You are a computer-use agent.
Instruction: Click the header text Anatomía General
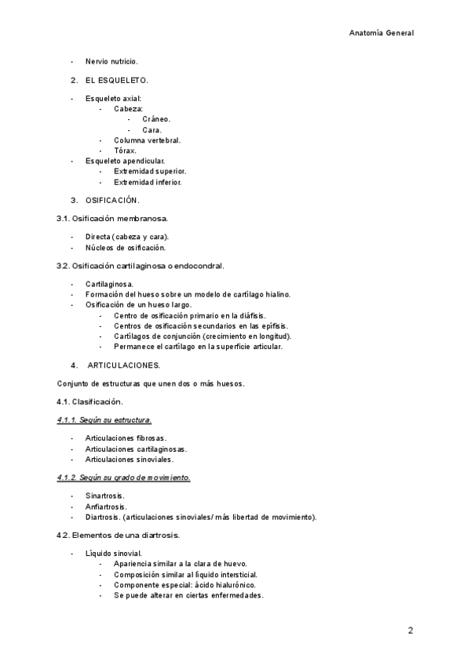point(381,34)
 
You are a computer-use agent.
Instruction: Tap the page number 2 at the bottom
point(411,630)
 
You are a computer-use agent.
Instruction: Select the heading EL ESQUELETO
point(117,80)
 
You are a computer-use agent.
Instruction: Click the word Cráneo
point(156,119)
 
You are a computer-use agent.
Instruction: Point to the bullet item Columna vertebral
point(147,140)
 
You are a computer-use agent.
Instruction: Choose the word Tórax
point(125,151)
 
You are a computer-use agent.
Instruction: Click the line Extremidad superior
point(150,171)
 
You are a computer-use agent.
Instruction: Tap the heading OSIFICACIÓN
point(113,200)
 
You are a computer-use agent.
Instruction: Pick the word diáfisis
point(251,314)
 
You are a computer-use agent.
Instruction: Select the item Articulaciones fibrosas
point(126,438)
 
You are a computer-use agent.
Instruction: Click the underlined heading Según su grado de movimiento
point(123,477)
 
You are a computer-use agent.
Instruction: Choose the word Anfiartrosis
point(107,507)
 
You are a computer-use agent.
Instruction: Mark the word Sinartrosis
point(106,496)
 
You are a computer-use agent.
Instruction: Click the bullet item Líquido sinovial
point(114,554)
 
